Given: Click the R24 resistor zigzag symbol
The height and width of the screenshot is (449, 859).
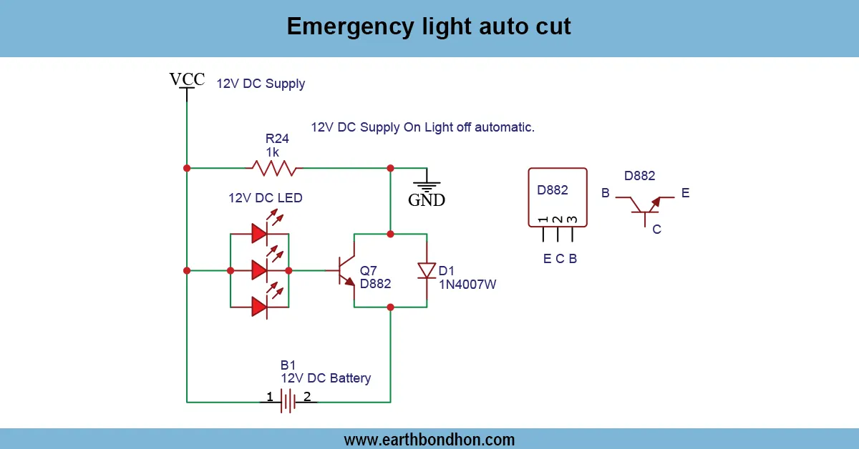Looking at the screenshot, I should (x=274, y=168).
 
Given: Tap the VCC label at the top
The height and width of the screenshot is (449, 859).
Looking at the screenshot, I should (x=187, y=79).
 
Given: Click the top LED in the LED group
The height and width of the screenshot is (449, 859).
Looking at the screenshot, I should (x=260, y=233).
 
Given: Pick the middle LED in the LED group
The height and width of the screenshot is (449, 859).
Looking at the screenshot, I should (x=260, y=271).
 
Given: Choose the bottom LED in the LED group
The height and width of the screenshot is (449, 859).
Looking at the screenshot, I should (x=260, y=307).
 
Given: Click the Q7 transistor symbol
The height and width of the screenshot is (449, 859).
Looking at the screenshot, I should (x=346, y=271).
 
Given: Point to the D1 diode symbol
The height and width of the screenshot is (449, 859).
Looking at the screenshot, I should (x=427, y=270).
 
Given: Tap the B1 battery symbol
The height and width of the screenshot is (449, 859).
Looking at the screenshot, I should (x=288, y=401).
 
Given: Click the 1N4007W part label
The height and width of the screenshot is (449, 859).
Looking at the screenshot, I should (x=467, y=285).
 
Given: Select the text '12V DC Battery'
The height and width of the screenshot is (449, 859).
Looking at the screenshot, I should (x=326, y=378).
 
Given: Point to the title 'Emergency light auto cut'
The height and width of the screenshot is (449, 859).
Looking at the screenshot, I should (x=429, y=26).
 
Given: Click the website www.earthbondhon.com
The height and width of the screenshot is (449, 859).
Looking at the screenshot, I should (x=429, y=439).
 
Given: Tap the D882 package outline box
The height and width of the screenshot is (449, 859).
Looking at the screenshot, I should (x=558, y=197).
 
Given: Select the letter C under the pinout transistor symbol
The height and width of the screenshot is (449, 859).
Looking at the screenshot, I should (x=656, y=230).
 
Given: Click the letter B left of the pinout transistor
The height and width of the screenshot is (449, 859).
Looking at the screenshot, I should (x=606, y=193).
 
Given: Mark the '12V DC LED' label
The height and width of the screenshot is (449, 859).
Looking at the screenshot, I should (x=266, y=198).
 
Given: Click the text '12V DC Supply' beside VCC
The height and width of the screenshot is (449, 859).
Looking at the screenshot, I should (x=261, y=84).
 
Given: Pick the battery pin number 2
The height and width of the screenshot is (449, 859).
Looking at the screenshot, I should (x=306, y=397).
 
